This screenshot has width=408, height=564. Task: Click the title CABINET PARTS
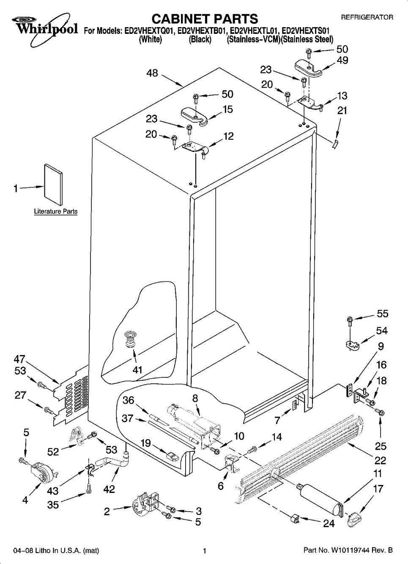[x=204, y=19]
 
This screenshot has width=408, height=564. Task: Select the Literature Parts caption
[x=56, y=212]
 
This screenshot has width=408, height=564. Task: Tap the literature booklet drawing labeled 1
[x=53, y=185]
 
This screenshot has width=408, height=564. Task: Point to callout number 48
[x=152, y=73]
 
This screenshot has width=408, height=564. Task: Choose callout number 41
[x=137, y=370]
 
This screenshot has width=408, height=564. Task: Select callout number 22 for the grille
[x=380, y=460]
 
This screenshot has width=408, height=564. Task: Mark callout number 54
[x=382, y=331]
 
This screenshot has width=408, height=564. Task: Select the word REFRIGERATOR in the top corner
[x=367, y=18]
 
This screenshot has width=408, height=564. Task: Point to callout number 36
[x=129, y=400]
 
